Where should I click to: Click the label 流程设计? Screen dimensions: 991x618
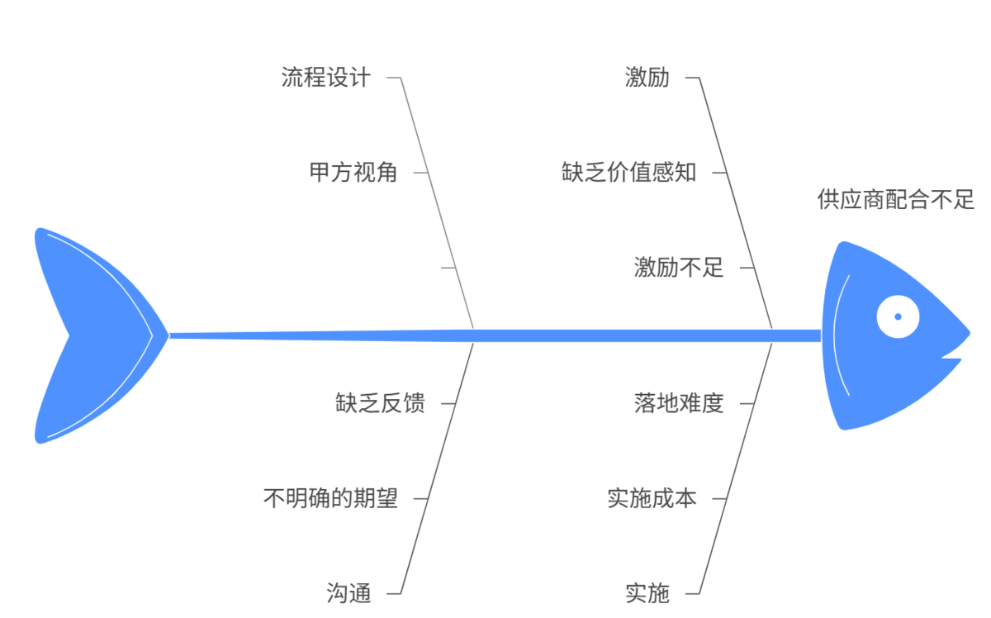pos(325,78)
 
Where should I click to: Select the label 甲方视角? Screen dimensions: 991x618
pos(353,172)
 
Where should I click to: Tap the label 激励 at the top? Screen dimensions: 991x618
pos(647,78)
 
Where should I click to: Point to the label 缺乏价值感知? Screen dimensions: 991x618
pos(628,172)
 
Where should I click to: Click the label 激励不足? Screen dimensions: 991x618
pos(679,268)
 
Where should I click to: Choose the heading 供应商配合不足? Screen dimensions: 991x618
pos(896,199)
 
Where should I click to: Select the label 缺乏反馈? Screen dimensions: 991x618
pos(380,403)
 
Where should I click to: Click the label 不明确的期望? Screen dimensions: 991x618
pos(330,498)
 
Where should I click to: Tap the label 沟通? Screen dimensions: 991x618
pos(349,593)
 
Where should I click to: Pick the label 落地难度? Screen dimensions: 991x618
pos(679,403)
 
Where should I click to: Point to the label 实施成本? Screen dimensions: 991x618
pos(652,498)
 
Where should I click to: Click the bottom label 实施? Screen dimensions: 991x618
pos(647,593)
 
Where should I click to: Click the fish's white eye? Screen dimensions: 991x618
pos(898,316)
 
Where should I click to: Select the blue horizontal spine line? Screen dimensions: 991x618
pos(495,335)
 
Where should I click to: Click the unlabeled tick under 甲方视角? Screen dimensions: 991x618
pos(448,268)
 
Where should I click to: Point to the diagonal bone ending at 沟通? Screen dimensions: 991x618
pos(437,468)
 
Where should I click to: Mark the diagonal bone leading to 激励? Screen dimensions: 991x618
pos(736,202)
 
